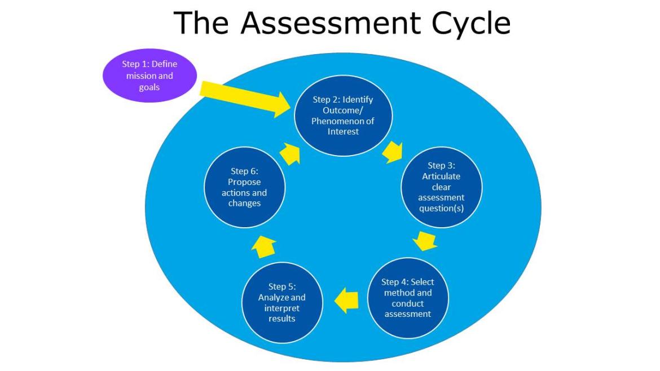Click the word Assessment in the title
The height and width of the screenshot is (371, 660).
[329, 23]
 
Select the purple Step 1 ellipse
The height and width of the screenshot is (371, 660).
[149, 76]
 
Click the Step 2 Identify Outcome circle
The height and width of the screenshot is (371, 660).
[343, 115]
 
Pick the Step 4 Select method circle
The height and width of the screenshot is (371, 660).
[408, 297]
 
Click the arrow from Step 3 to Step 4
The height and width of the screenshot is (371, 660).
[425, 241]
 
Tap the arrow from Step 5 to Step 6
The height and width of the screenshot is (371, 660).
[263, 246]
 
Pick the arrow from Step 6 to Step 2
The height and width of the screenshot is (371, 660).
[291, 153]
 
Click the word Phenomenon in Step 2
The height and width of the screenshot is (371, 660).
[343, 121]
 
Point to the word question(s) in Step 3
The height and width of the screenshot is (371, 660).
[441, 208]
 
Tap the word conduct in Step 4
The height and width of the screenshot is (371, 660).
[408, 303]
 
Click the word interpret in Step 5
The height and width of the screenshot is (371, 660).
[282, 308]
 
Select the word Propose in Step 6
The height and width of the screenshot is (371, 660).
[244, 182]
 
